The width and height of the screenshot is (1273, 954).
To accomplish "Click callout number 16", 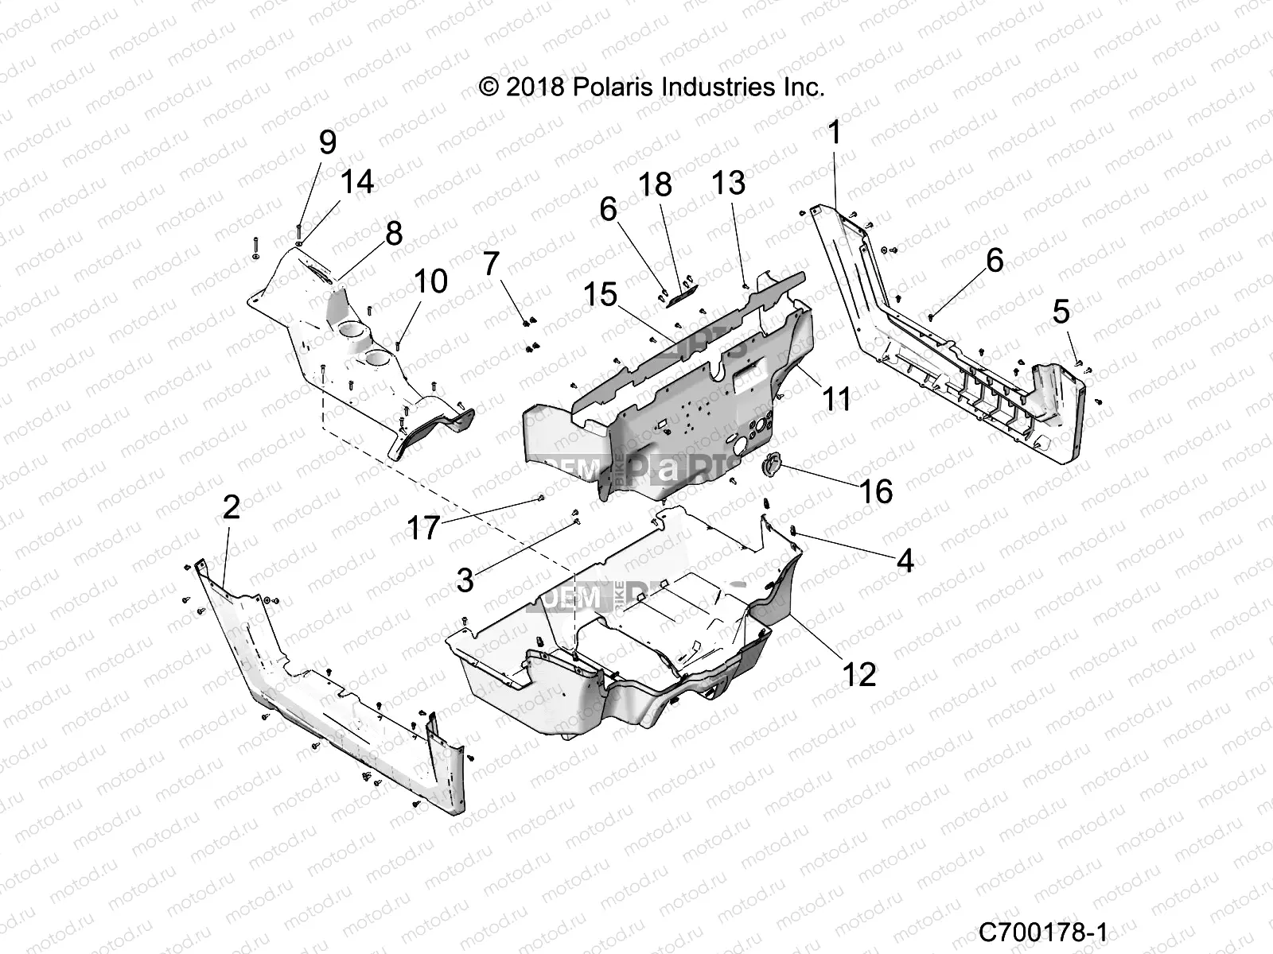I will [875, 491].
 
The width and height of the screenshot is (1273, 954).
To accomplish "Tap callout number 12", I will [859, 674].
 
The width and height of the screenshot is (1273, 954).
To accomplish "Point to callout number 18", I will [677, 184].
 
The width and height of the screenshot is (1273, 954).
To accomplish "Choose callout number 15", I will [601, 295].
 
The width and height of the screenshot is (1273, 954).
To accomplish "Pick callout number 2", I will [231, 506].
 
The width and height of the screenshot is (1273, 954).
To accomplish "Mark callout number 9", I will [327, 143].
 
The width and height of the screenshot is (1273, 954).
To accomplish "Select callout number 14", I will [357, 181].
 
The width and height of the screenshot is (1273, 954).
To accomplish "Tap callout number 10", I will [430, 281].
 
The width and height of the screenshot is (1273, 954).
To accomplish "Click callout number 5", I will [1061, 312].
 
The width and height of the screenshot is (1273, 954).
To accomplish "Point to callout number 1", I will [834, 133].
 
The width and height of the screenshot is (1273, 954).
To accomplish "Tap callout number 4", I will [905, 561].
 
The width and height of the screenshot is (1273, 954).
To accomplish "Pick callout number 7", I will [490, 262].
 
